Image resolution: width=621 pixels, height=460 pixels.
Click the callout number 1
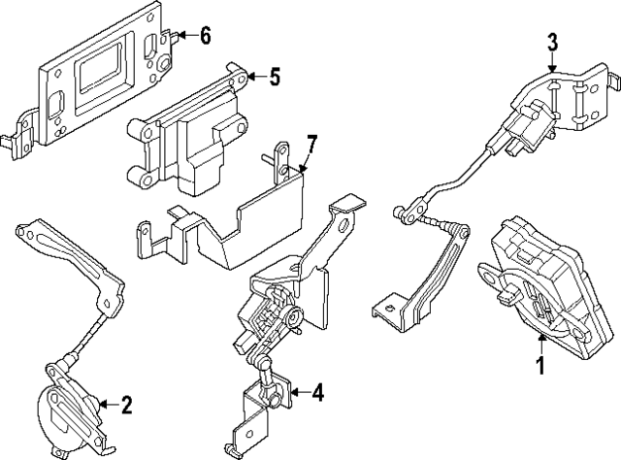541,366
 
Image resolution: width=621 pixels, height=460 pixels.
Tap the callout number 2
126,404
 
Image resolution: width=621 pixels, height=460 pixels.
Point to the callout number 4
318,393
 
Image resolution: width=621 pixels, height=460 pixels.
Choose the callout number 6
205,36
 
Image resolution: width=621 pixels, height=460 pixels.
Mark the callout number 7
310,146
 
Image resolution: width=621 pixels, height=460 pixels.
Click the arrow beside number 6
184,37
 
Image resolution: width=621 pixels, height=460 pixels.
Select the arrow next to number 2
105,404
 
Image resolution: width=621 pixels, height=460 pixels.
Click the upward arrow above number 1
541,342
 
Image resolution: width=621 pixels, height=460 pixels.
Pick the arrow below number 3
552,64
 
